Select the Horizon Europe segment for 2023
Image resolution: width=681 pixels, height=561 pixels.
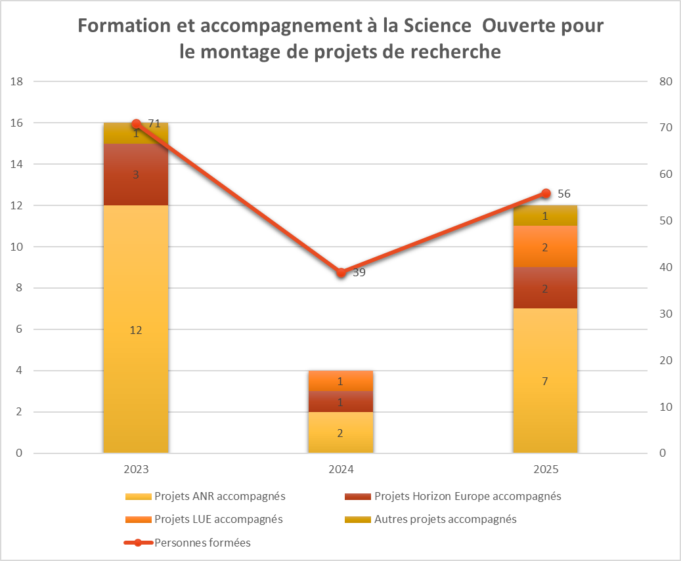point(136,175)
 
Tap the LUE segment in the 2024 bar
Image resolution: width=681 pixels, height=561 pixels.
point(340,381)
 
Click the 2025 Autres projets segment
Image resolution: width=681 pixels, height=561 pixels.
point(545,216)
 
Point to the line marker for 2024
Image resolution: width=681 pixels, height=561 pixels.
point(340,272)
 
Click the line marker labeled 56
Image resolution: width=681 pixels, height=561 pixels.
point(546,194)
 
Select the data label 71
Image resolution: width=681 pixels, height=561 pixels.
point(154,123)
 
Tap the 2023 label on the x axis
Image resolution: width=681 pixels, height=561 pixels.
point(136,470)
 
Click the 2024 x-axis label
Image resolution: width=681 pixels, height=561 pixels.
point(340,470)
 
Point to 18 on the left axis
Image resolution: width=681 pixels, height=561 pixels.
point(17,81)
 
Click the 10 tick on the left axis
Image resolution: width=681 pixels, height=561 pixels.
point(17,247)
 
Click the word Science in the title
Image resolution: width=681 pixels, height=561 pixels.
point(437,26)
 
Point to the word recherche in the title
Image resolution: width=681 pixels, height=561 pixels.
point(453,51)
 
